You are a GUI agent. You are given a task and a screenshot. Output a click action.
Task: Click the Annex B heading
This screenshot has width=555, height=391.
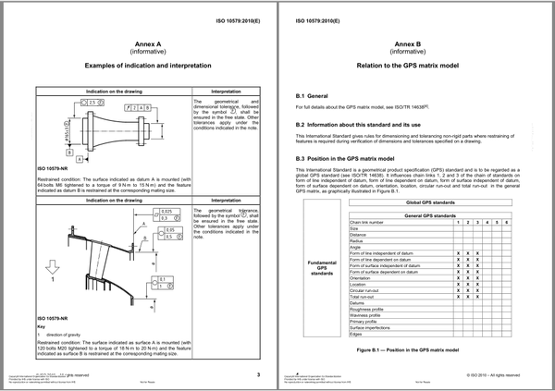(x=415, y=43)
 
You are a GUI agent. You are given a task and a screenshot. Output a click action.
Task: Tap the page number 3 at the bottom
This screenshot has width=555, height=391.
(x=259, y=374)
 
